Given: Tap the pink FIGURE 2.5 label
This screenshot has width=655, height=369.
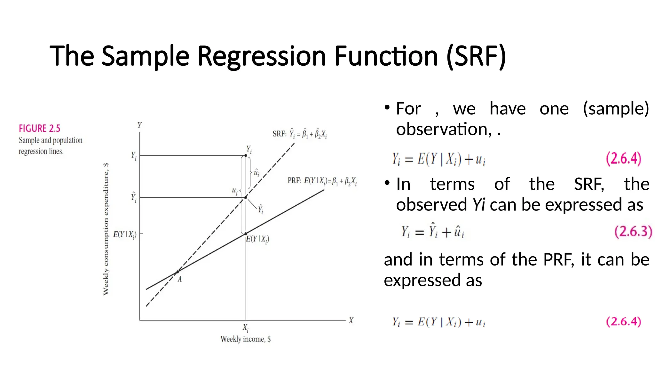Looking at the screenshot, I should click(x=39, y=128).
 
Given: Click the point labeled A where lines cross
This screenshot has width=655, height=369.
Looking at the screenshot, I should click(x=178, y=272).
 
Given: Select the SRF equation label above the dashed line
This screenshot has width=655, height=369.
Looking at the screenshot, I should click(x=299, y=134).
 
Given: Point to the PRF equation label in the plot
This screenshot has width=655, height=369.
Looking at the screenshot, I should click(x=322, y=181).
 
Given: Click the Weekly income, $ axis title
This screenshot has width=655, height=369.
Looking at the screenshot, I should click(x=245, y=339).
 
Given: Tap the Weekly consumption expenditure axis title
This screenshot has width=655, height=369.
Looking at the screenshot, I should click(x=106, y=229).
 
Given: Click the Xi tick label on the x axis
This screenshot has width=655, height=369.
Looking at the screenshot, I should click(x=245, y=328).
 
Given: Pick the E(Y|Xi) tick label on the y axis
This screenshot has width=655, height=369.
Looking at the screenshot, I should click(x=125, y=234).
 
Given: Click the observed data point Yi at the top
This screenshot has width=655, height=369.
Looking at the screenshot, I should click(x=246, y=155).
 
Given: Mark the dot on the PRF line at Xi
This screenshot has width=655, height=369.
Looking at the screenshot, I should click(x=246, y=234).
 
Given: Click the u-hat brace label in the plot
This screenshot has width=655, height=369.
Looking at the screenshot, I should click(x=256, y=173).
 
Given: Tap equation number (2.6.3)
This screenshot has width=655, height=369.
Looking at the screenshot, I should click(x=633, y=231).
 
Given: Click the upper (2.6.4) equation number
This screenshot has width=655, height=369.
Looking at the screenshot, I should click(x=624, y=158).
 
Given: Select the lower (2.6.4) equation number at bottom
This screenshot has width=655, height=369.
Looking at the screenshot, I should click(x=624, y=321).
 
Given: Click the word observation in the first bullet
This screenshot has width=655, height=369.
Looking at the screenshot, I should click(x=442, y=129).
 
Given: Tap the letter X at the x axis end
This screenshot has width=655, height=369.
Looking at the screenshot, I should click(x=351, y=320).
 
